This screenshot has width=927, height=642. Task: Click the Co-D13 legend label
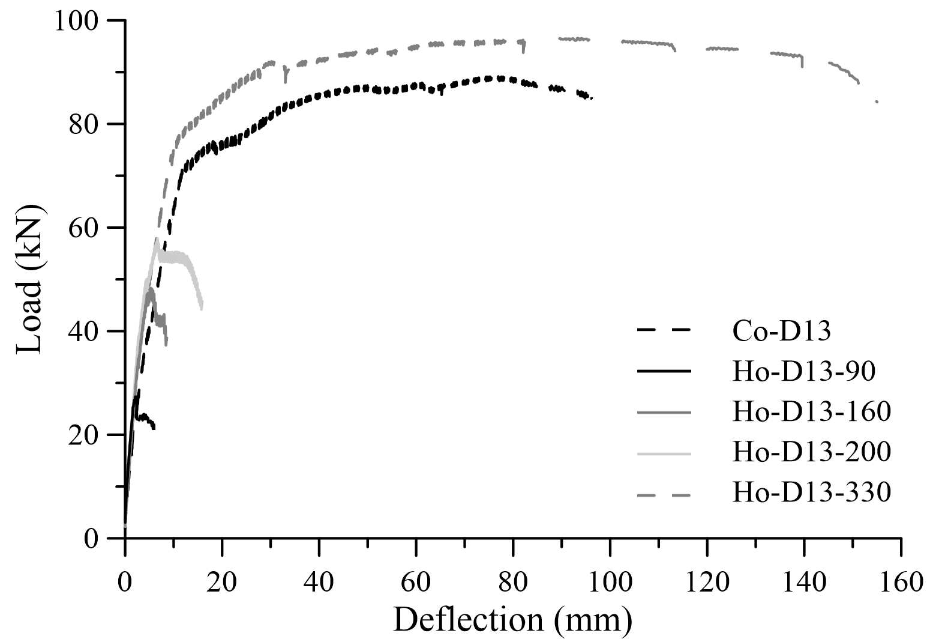pyautogui.click(x=781, y=330)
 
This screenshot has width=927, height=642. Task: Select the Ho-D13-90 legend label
pyautogui.click(x=803, y=372)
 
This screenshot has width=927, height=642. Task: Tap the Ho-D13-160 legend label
pyautogui.click(x=811, y=412)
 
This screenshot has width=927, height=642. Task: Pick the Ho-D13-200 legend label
pyautogui.click(x=811, y=452)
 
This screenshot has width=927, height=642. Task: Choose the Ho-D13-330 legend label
pyautogui.click(x=811, y=492)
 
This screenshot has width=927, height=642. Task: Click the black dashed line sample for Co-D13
pyautogui.click(x=664, y=330)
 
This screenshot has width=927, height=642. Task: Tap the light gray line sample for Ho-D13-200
pyautogui.click(x=664, y=453)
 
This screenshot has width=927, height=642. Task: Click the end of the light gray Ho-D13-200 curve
pyautogui.click(x=201, y=307)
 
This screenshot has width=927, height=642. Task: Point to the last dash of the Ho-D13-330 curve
pyautogui.click(x=877, y=101)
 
